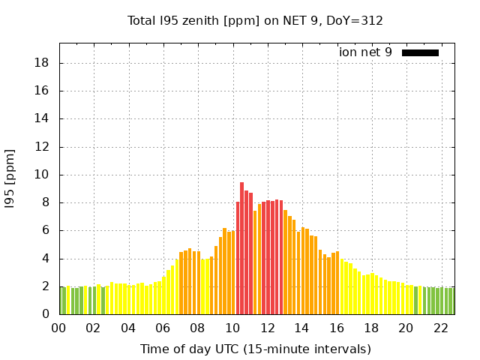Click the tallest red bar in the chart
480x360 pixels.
(241, 247)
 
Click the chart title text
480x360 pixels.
(255, 21)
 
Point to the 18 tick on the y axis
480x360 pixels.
(43, 63)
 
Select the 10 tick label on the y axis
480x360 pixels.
(43, 175)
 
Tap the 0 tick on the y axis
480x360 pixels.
(46, 314)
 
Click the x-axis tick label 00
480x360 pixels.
(58, 328)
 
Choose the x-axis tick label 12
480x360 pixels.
(267, 328)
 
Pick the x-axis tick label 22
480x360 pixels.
(441, 328)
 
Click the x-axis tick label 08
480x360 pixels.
(198, 328)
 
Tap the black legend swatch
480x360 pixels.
(420, 52)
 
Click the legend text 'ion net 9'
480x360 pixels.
(365, 52)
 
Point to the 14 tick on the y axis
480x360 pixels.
(43, 118)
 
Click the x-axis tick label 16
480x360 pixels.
(337, 328)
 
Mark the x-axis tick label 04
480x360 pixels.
(128, 328)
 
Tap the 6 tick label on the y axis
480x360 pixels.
(46, 230)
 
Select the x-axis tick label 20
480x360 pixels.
(406, 328)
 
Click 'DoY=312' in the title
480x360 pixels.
(356, 21)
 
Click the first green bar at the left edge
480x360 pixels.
(63, 300)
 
